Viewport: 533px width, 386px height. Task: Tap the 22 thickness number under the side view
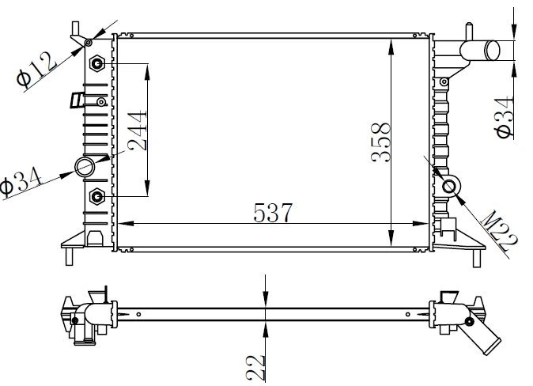[253, 366]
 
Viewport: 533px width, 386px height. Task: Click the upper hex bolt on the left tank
[98, 62]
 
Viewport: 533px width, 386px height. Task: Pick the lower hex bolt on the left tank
[98, 195]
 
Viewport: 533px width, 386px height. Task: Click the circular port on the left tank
[84, 166]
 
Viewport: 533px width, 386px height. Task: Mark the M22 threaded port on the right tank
[450, 186]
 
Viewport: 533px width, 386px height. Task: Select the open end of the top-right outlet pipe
[493, 50]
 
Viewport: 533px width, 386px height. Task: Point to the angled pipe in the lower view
[484, 337]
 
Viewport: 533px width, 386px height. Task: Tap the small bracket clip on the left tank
[77, 100]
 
